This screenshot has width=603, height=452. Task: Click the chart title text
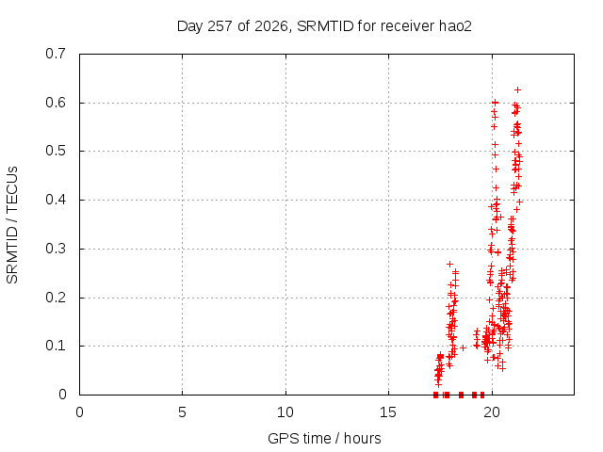tap(324, 26)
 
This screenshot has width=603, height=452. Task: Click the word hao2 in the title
tap(455, 26)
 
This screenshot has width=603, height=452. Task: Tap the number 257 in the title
tap(220, 26)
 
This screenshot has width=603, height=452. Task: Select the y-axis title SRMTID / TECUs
tap(12, 225)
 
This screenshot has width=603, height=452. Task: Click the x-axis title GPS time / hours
tap(324, 438)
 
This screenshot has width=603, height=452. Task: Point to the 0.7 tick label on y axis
tap(56, 54)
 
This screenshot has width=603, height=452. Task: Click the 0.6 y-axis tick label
tap(56, 103)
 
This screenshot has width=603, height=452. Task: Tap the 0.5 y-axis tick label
tap(56, 151)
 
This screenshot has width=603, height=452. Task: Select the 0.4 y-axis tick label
tap(56, 200)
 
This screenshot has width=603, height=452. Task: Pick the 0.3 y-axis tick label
tap(56, 249)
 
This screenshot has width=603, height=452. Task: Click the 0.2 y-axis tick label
tap(56, 298)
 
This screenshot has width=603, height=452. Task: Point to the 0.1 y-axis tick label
tap(56, 346)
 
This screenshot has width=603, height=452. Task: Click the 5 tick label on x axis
tap(182, 412)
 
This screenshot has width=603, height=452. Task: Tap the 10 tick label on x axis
tap(285, 412)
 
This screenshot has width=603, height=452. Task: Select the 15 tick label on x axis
tap(388, 412)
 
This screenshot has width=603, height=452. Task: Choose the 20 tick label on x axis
tap(492, 412)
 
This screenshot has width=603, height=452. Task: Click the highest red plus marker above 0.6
tap(517, 90)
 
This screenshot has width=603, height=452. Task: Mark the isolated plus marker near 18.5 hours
tap(463, 347)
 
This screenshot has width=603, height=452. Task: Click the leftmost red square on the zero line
tap(435, 395)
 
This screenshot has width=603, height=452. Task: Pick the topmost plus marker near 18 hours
tap(449, 264)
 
